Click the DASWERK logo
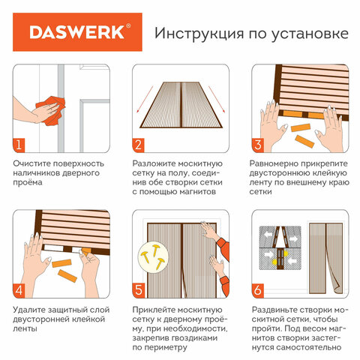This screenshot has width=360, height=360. point(77,32)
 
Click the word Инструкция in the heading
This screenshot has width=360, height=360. point(199,34)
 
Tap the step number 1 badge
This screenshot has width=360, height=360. point(19,145)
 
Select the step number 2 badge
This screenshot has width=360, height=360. point(138,145)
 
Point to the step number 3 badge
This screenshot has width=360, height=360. point(258,145)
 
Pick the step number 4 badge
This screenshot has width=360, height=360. point(19,291)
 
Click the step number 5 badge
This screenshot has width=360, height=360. point(138,291)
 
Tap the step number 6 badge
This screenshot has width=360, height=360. point(258,291)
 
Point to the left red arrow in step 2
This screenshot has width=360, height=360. point(145,100)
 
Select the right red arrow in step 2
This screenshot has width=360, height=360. point(217,100)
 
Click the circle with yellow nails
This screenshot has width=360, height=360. point(153,256)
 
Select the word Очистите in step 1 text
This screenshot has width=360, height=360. point(30,163)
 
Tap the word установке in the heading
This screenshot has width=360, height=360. point(310,34)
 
